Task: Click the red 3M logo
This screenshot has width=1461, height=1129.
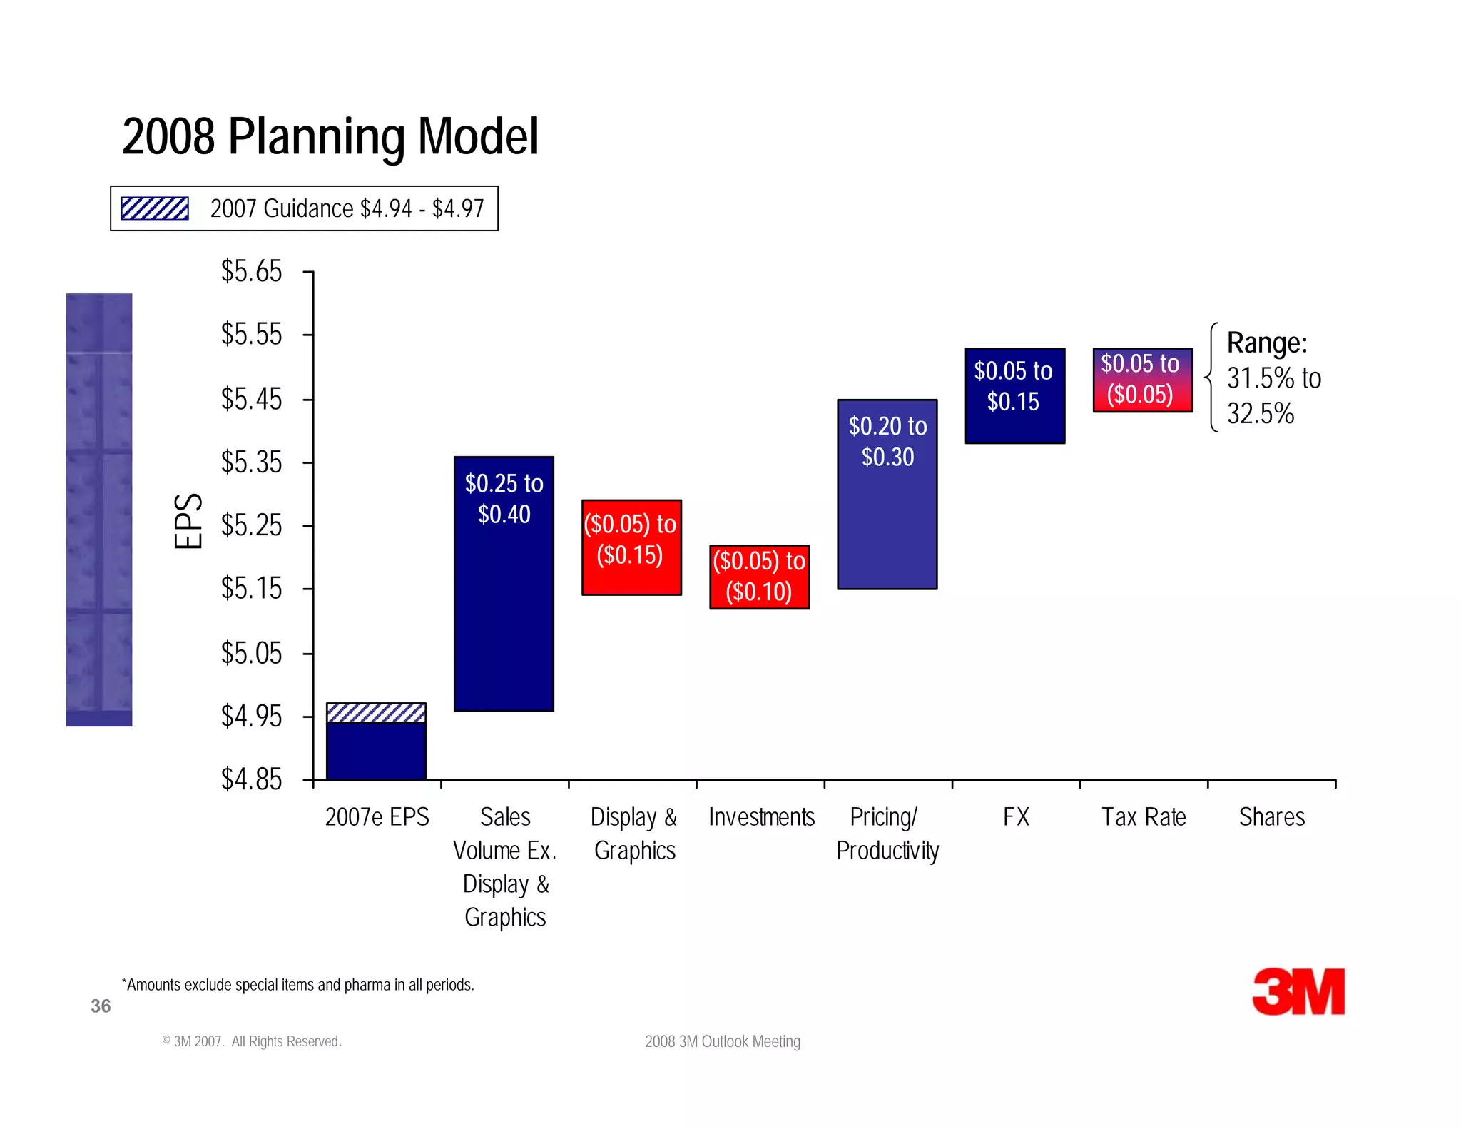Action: click(x=1298, y=991)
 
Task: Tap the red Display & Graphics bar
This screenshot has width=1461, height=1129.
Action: click(x=631, y=547)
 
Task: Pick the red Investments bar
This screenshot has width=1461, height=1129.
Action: click(x=759, y=577)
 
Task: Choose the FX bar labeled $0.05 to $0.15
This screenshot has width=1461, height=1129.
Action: click(x=1014, y=395)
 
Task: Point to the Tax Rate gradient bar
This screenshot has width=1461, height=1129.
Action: click(x=1142, y=380)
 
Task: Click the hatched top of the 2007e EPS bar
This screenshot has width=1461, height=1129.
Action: click(x=376, y=712)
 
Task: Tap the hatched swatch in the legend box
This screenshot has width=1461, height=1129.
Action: click(x=155, y=208)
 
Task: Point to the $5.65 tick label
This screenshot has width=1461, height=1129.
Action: click(x=251, y=272)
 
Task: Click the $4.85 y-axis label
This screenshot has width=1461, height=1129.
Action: click(x=251, y=779)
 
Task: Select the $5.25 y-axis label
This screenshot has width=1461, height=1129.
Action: click(x=251, y=526)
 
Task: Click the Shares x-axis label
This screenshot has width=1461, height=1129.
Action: click(x=1271, y=816)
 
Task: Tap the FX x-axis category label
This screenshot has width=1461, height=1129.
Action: click(x=1016, y=816)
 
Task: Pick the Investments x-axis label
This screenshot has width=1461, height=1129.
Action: click(x=761, y=816)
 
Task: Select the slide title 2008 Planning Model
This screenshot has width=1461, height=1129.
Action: click(x=330, y=136)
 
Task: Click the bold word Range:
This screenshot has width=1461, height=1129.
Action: click(x=1267, y=343)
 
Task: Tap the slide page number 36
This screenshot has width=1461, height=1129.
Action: click(x=101, y=1006)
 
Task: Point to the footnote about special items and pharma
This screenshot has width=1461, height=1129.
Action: click(x=297, y=985)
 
